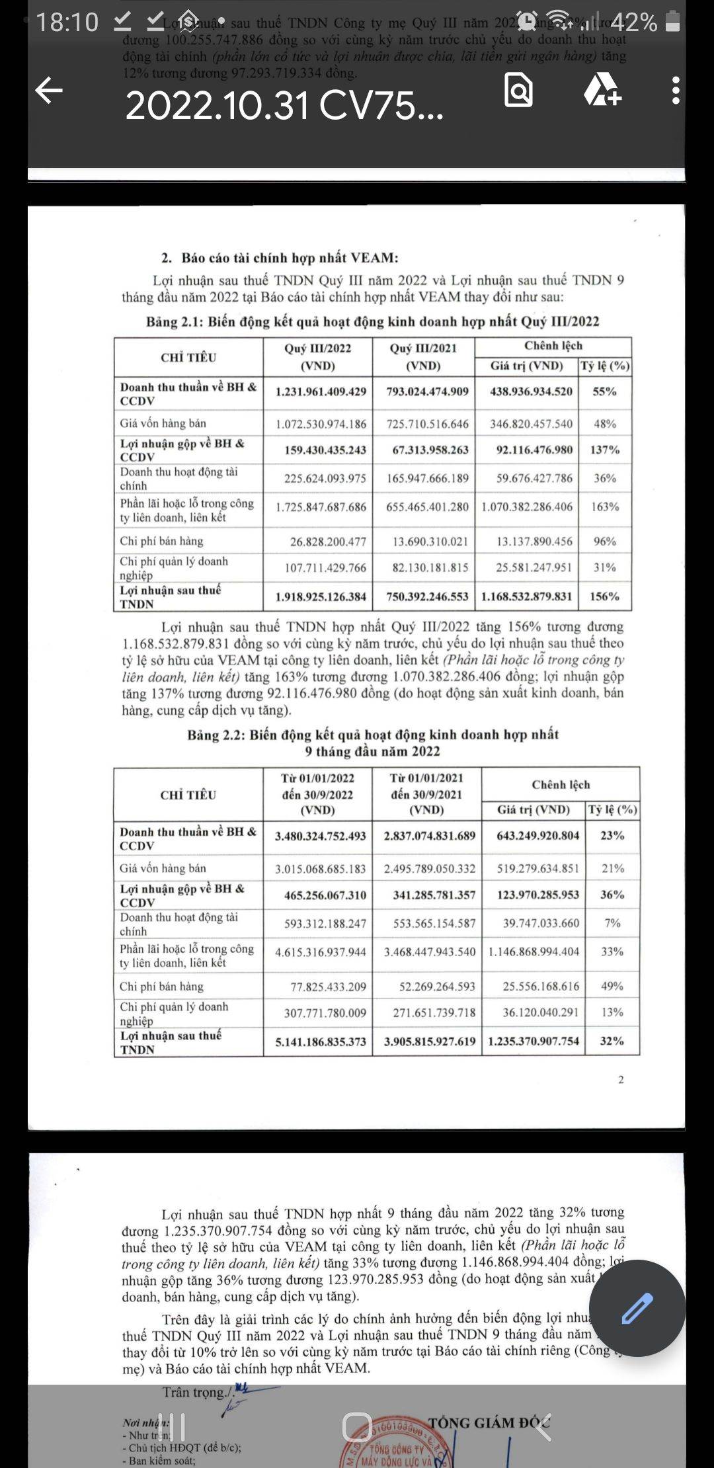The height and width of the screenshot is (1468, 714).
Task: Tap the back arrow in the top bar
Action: [49, 91]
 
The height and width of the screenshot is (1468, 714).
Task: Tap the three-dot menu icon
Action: [675, 91]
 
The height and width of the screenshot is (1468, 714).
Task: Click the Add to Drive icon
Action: [602, 91]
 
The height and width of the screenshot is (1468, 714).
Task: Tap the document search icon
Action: [518, 91]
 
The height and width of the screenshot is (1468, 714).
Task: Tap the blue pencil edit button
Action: [637, 1308]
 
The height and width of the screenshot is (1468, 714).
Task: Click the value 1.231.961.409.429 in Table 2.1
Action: [321, 391]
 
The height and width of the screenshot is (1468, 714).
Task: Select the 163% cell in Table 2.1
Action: [605, 507]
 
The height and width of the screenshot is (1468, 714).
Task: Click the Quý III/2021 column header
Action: [423, 356]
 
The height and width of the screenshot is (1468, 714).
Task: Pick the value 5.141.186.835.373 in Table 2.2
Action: [321, 1041]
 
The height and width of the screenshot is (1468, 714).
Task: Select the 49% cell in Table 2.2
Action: [612, 987]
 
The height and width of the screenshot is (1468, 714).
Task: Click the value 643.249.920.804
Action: [538, 836]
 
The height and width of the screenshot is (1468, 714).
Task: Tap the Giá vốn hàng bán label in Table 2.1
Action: [163, 423]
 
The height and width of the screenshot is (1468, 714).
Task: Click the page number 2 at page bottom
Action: [621, 1080]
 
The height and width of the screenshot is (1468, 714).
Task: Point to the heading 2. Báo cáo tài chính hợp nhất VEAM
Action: [280, 258]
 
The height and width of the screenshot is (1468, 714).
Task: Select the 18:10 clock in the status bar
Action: [67, 22]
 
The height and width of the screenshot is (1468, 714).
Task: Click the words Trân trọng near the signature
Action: [194, 1393]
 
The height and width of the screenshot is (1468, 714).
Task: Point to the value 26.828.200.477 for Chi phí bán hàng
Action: [328, 542]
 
